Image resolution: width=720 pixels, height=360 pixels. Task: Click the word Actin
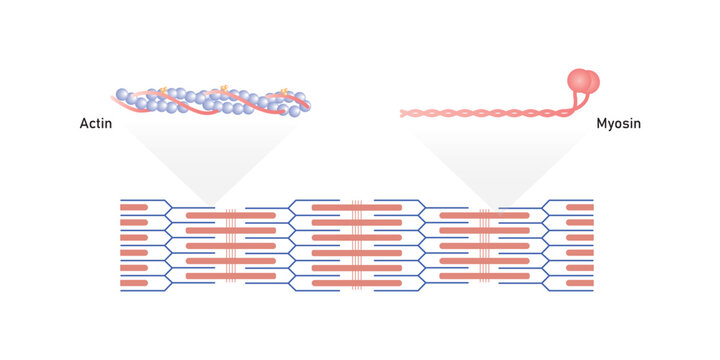pos(95,125)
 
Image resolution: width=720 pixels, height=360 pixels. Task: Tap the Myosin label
pos(617,125)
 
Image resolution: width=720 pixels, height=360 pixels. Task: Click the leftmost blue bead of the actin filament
pos(121,95)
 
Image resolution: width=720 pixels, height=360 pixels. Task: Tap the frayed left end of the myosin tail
pos(405,114)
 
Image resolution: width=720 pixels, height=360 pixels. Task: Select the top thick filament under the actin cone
pos(230,215)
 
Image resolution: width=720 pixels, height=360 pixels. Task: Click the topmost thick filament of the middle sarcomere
pos(357,207)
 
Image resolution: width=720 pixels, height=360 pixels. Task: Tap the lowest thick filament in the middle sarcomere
pos(357,284)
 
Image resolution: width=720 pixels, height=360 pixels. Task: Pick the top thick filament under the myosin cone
pos(485,215)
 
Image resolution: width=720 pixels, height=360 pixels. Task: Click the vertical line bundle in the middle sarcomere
pos(357,245)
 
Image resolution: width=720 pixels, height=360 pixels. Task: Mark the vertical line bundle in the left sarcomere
pos(230,245)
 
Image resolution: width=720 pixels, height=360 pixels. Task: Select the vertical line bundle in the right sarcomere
pos(485,245)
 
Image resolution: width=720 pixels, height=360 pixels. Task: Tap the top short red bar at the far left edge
pos(135,207)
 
